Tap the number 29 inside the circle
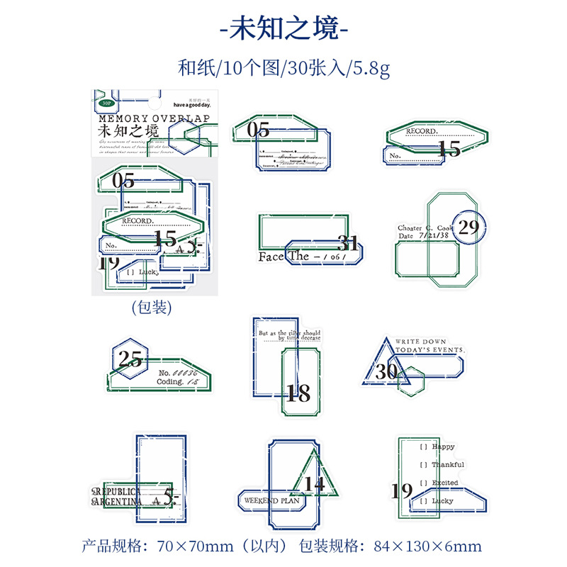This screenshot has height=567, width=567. (468, 227)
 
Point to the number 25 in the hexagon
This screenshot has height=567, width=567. (130, 359)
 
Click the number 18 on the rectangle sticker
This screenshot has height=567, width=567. (298, 393)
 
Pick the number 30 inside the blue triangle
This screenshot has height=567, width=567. (387, 372)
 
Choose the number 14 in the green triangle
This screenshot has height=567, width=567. (315, 484)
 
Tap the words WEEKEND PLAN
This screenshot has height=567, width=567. (271, 500)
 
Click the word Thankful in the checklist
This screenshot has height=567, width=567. (448, 465)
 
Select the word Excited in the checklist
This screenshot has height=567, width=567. (445, 483)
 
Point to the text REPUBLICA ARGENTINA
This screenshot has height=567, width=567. (118, 495)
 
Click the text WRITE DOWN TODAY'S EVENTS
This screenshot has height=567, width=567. (430, 345)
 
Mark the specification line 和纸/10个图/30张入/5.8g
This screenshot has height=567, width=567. (283, 69)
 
